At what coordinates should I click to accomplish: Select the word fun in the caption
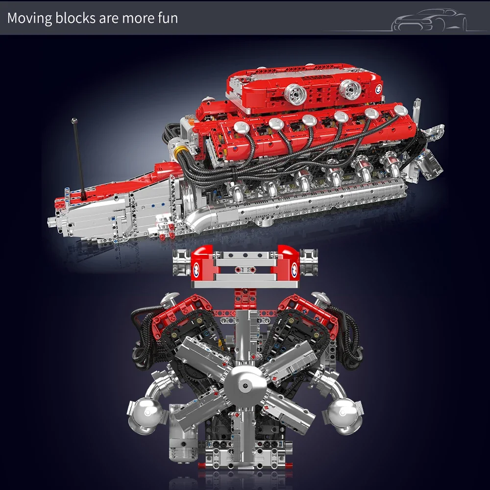168,19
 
